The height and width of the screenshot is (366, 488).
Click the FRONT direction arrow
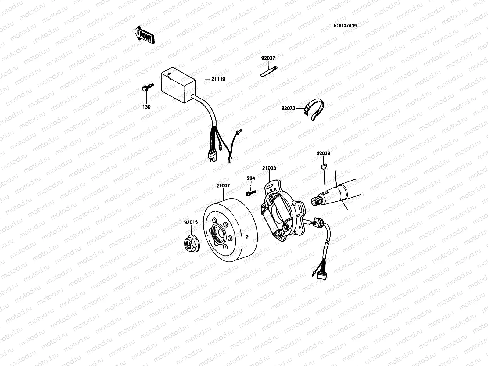point(144,34)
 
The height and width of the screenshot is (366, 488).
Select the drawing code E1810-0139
point(345,26)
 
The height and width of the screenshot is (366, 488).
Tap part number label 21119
point(218,79)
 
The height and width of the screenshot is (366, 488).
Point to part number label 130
point(147,107)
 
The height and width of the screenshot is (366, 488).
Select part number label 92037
point(268,58)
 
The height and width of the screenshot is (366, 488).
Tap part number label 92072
point(288,108)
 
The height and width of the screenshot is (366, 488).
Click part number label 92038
point(323,154)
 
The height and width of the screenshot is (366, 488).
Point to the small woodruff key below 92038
point(324,166)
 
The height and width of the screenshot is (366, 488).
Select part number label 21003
point(269,168)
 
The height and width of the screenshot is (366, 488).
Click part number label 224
point(251,178)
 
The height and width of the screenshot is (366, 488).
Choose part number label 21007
point(223,185)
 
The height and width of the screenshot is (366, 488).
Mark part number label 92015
point(191,222)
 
